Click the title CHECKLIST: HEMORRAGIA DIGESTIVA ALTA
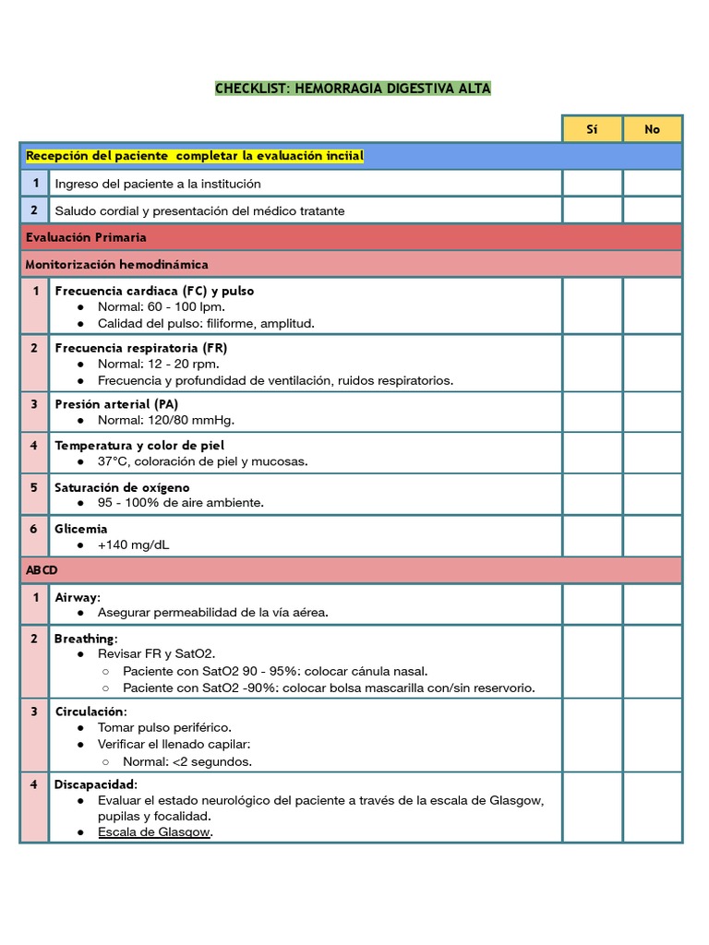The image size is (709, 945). point(353,89)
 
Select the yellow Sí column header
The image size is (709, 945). point(592,129)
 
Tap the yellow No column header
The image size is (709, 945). point(652,129)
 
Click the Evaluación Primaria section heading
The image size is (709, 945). point(86,237)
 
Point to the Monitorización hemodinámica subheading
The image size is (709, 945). point(117,264)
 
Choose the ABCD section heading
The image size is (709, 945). point(42,569)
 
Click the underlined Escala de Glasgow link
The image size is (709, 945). point(154,831)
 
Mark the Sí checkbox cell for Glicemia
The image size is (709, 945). point(592,536)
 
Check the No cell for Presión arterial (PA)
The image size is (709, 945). point(652,412)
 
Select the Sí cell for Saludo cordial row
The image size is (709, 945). point(592,210)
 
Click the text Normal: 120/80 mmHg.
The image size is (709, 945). point(166,420)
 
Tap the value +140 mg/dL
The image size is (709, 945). point(133,544)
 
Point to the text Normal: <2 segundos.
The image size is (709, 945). point(186,761)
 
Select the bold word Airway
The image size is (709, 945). point(77,597)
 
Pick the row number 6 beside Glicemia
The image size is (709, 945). point(34,529)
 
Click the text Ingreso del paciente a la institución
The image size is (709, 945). point(158,184)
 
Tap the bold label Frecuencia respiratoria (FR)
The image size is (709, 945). point(140,348)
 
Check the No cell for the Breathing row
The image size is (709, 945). point(652,662)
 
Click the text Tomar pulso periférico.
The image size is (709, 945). point(164,727)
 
